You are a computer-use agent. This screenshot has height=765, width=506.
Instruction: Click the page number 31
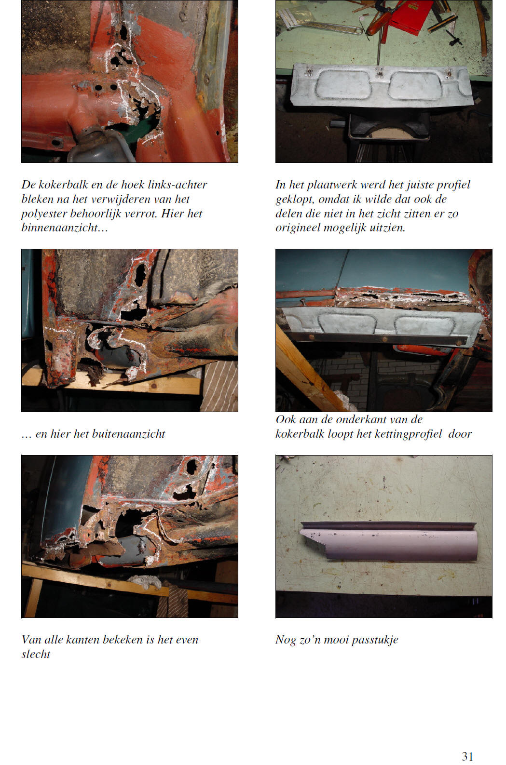tap(467, 756)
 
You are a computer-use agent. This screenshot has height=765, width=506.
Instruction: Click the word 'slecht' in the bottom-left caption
tap(36, 654)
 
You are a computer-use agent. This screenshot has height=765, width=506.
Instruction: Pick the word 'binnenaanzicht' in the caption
tap(59, 228)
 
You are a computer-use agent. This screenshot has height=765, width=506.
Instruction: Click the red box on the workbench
tap(411, 16)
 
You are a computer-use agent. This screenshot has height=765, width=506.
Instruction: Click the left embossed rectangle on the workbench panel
tap(343, 85)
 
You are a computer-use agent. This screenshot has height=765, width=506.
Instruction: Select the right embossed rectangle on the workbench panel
tap(416, 86)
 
